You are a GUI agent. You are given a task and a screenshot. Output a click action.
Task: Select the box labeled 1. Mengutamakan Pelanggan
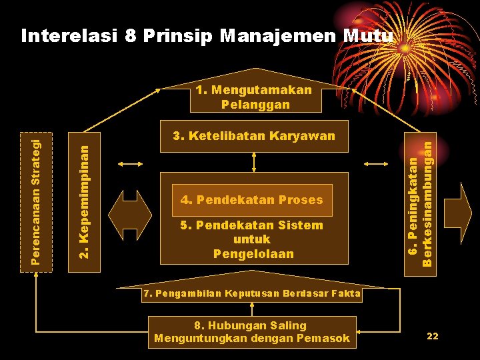(x=254, y=97)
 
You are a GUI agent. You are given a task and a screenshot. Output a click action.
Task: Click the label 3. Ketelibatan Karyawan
(x=254, y=137)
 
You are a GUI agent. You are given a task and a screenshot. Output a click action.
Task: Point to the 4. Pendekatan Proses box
(x=251, y=199)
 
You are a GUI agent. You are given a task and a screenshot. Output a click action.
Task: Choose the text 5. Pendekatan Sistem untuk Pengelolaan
(x=251, y=239)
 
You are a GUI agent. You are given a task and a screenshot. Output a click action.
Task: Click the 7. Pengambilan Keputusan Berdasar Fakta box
(x=251, y=293)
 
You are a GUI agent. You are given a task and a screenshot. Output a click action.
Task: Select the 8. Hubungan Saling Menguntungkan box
(x=251, y=332)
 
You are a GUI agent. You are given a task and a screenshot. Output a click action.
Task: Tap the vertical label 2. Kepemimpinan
(x=85, y=194)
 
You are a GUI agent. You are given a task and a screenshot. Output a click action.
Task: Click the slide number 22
(x=432, y=337)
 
